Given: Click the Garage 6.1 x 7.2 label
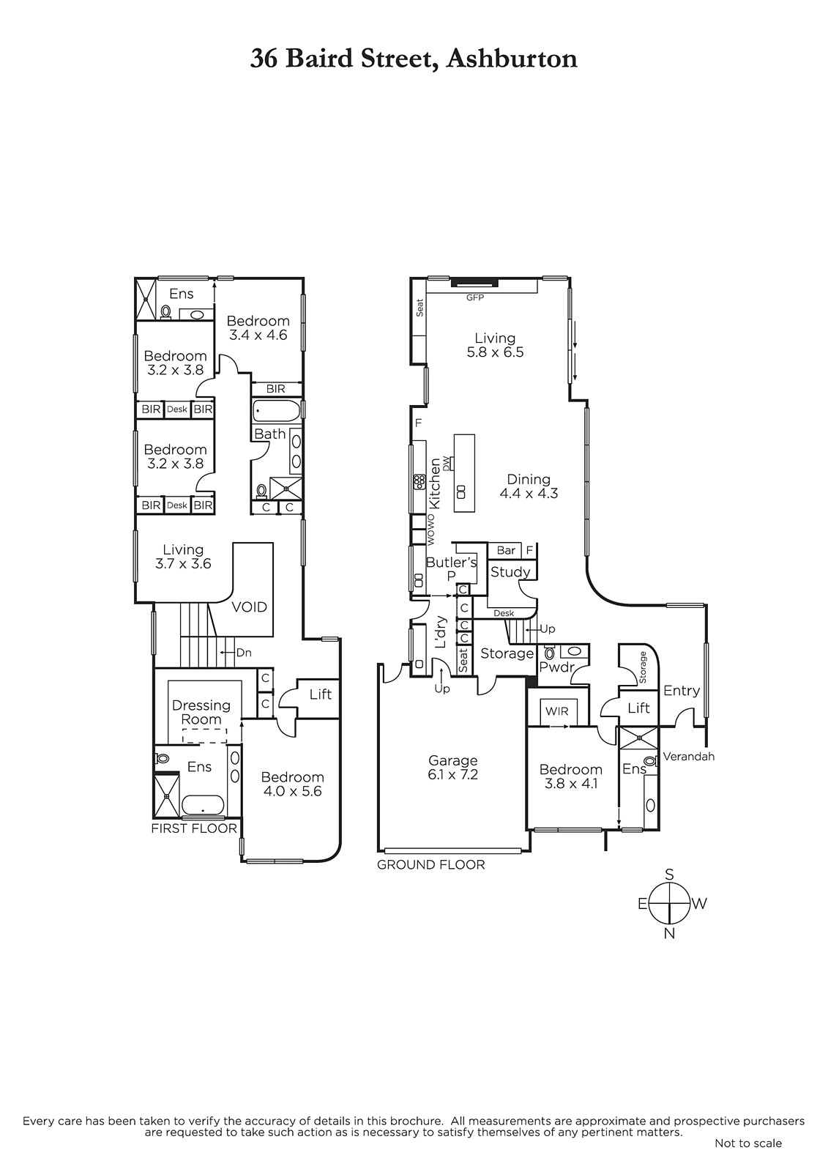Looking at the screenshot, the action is (x=453, y=768).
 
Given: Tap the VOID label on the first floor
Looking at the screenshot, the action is (x=250, y=607).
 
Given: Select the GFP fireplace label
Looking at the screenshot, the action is (x=475, y=297).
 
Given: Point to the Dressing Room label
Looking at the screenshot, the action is (x=201, y=712).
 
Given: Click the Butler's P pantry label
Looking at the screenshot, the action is (x=452, y=568).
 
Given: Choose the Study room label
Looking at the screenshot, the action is (x=510, y=572).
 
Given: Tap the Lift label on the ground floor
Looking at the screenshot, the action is (x=638, y=708).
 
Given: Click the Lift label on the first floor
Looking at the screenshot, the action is (x=321, y=694).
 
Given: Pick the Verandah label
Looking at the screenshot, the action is (x=688, y=756).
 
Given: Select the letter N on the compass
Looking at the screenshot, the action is (x=670, y=933).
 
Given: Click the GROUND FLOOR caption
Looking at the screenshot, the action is (x=431, y=865).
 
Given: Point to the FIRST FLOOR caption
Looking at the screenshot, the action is (x=194, y=828).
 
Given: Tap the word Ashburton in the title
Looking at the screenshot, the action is (x=512, y=59).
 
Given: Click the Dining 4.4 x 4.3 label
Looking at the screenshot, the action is (x=529, y=486).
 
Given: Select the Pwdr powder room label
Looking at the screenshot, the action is (x=557, y=667).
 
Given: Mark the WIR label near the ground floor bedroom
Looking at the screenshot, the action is (x=556, y=711).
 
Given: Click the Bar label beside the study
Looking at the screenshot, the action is (x=507, y=550).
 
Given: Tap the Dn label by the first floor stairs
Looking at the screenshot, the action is (x=245, y=653).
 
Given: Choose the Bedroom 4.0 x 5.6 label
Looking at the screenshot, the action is (x=292, y=784).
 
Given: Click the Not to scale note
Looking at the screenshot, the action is (x=748, y=1158).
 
